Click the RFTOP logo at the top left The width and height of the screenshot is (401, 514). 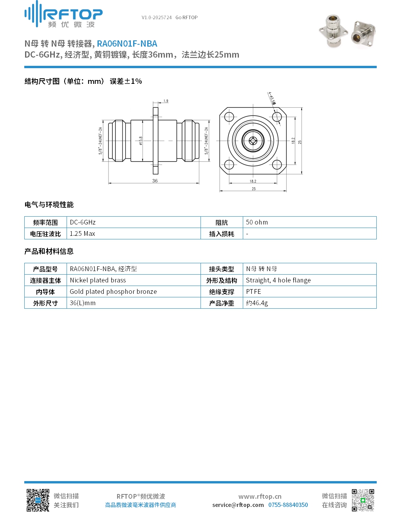(x=63, y=14)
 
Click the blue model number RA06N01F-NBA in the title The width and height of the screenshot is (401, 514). (x=127, y=44)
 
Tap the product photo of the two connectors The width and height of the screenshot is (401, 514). (x=347, y=31)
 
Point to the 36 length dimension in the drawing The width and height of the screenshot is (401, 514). (x=155, y=181)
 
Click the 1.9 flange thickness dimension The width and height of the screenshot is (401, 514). (x=166, y=101)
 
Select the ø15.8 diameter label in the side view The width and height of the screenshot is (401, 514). (x=141, y=141)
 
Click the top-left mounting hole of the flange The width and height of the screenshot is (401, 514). (x=229, y=117)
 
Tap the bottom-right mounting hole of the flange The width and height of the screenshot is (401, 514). (x=277, y=165)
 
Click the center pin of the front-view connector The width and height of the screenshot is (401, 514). (x=253, y=141)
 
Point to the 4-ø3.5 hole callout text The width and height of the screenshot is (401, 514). (x=272, y=98)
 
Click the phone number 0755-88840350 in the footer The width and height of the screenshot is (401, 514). (x=288, y=505)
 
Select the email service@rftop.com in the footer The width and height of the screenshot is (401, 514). (x=238, y=505)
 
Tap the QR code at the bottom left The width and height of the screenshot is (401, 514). (x=38, y=500)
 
